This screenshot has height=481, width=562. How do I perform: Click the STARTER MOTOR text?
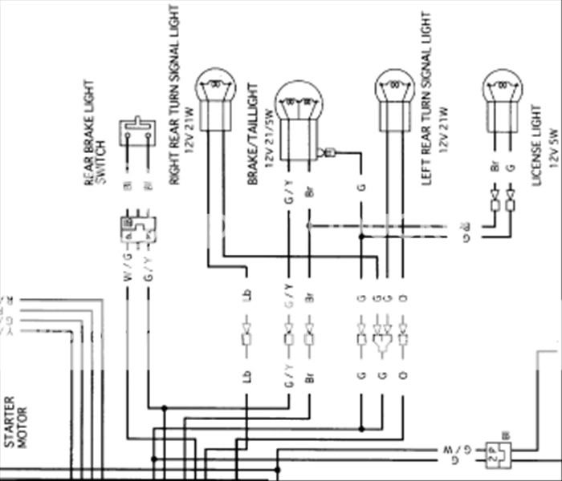pos(16,421)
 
